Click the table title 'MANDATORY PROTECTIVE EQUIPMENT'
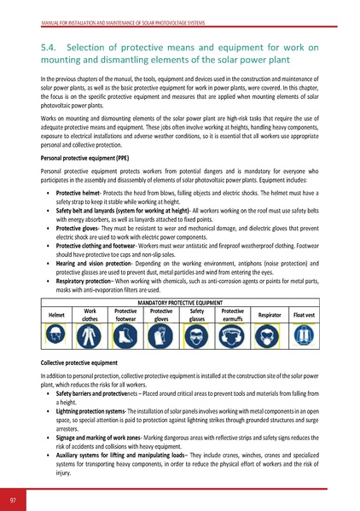point(179,303)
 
